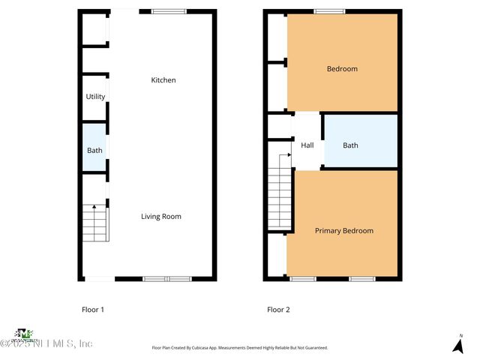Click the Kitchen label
click(163, 80)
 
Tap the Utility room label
click(95, 97)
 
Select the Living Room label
click(161, 217)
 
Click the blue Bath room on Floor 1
click(94, 150)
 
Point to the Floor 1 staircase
click(96, 223)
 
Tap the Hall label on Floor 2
click(307, 145)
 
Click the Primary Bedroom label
click(343, 231)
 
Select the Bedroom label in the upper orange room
click(342, 69)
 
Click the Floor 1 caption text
click(92, 309)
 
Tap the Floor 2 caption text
click(278, 309)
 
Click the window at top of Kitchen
click(169, 11)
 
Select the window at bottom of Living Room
click(167, 279)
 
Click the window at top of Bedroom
click(329, 11)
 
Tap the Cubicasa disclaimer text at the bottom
click(240, 348)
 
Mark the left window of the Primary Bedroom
click(303, 279)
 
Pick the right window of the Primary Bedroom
click(361, 279)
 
